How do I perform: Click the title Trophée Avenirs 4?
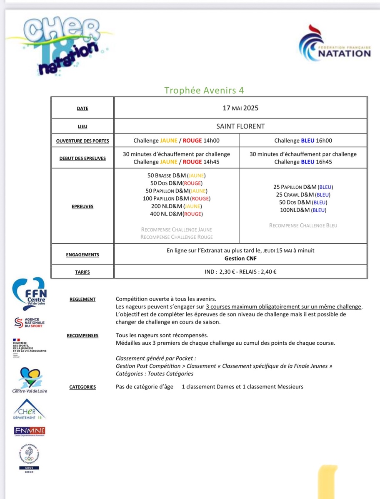204,91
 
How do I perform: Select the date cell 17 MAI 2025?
240,108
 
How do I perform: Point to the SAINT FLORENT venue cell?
240,126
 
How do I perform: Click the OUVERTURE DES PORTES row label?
82,141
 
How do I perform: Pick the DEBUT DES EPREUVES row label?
82,158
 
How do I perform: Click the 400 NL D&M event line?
176,214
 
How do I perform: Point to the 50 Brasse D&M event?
176,175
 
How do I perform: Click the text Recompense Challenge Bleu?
303,225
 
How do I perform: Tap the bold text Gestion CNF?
240,258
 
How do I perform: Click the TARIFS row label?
82,272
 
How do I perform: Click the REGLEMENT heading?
82,299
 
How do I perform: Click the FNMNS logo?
29,431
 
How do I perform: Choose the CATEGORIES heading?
82,387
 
